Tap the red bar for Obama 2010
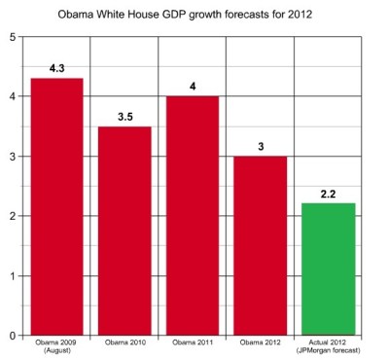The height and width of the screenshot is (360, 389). (124, 231)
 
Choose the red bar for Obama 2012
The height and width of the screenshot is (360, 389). (260, 245)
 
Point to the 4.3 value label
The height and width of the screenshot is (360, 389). (56, 69)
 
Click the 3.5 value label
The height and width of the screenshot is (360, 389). (124, 117)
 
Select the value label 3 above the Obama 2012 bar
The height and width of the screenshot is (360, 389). (260, 147)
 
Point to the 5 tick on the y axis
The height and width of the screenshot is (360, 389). (12, 37)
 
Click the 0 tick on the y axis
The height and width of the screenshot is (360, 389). (12, 336)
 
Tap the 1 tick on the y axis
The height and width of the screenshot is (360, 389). (12, 275)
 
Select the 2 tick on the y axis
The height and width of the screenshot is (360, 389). (12, 216)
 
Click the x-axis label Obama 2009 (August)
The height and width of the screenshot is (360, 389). (56, 347)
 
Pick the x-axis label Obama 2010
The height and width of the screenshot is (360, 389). (124, 343)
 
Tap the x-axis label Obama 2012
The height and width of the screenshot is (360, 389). (260, 343)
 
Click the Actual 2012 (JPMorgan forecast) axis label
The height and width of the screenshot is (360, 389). (328, 347)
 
